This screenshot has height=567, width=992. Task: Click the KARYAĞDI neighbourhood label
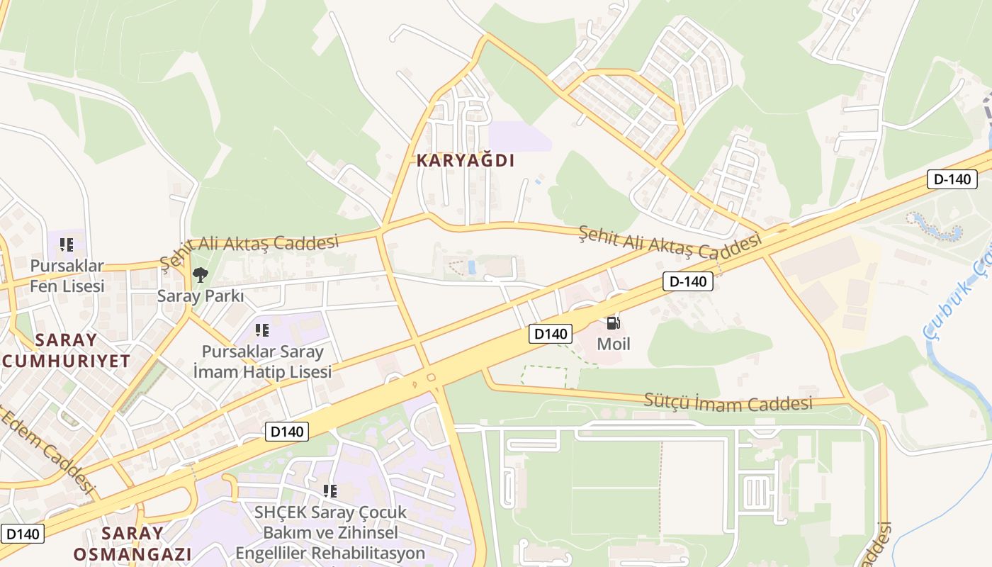(466, 161)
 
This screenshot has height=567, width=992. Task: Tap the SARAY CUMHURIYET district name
(66, 350)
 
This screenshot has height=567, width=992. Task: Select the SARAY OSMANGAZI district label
(133, 544)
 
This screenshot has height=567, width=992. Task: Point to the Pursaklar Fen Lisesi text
(67, 276)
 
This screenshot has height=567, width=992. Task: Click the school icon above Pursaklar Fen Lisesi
(67, 245)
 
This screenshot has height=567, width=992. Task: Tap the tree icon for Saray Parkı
(201, 274)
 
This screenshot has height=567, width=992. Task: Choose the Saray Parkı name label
(201, 296)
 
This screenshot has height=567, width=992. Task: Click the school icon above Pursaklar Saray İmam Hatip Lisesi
(262, 330)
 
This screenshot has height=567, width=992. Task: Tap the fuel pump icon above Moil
(614, 323)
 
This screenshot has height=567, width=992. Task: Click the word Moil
(614, 344)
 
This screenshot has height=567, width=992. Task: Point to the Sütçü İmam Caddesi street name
(728, 402)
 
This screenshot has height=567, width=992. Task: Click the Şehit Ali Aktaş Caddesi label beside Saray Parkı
(249, 249)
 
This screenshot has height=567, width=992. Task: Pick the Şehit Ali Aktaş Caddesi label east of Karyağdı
(670, 242)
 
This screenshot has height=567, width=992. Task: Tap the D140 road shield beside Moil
(550, 334)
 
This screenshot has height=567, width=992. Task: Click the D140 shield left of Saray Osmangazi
(23, 534)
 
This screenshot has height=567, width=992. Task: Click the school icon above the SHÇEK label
(329, 490)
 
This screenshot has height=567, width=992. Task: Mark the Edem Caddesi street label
(48, 450)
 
